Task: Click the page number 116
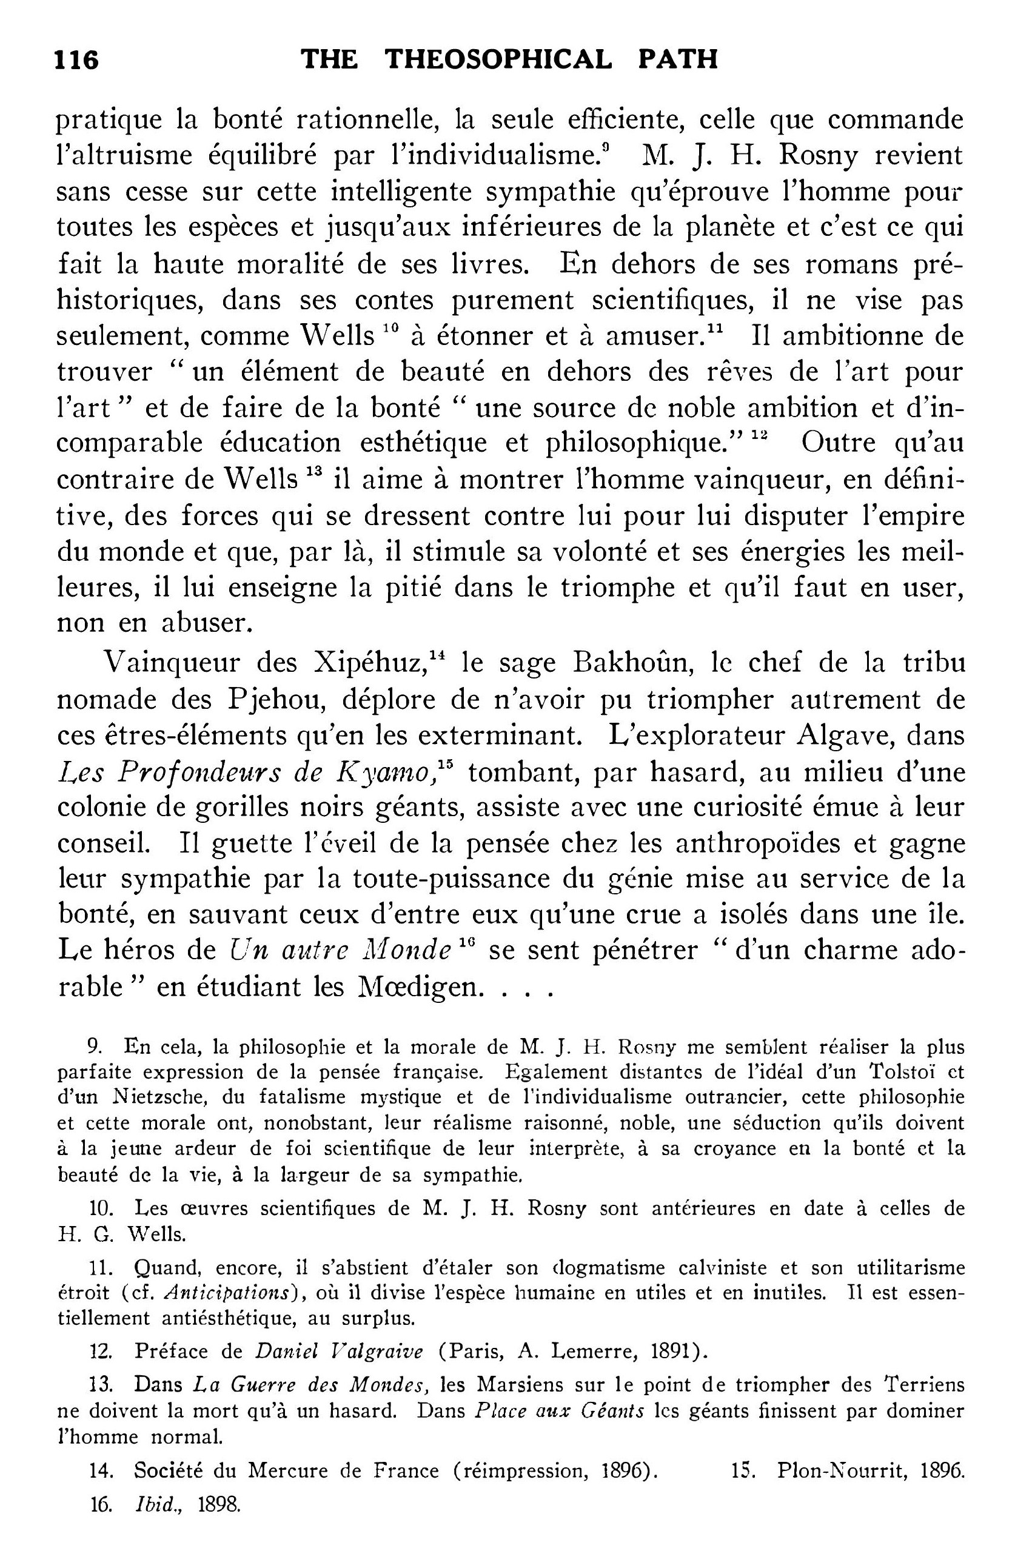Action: [x=77, y=61]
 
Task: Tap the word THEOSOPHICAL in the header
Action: [x=499, y=59]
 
